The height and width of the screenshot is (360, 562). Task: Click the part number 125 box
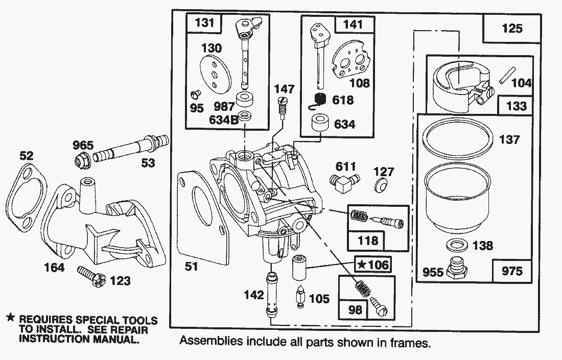[x=512, y=28]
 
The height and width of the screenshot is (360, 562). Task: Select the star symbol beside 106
[x=362, y=265]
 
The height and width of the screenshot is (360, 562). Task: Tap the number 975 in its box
[x=512, y=271]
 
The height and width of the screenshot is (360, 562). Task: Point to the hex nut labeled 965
[x=82, y=161]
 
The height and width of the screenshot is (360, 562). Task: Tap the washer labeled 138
[x=457, y=246]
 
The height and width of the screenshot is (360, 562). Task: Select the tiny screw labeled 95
[x=196, y=94]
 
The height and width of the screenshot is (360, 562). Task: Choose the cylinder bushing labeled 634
[x=320, y=124]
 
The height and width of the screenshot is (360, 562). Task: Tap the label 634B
[x=224, y=119]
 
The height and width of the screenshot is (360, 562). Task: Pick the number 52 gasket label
[x=26, y=155]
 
